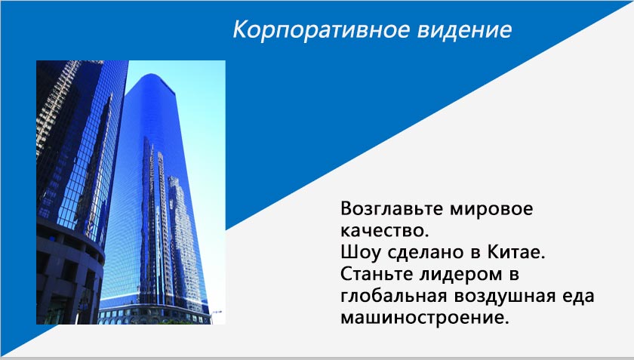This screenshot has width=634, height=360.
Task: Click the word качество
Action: click(384, 231)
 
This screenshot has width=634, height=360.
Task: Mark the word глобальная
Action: click(393, 296)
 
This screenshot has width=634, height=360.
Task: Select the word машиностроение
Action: click(424, 318)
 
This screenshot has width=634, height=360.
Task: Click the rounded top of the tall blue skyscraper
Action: click(152, 79)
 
